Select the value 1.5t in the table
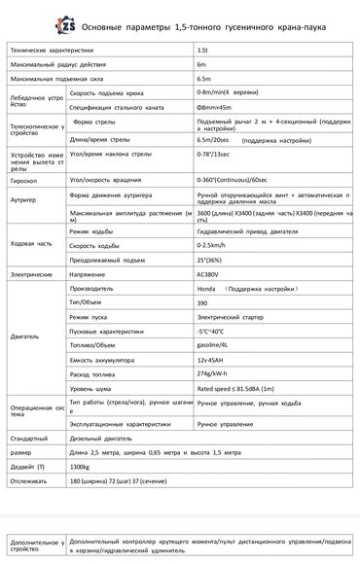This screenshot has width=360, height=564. click(202, 49)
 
